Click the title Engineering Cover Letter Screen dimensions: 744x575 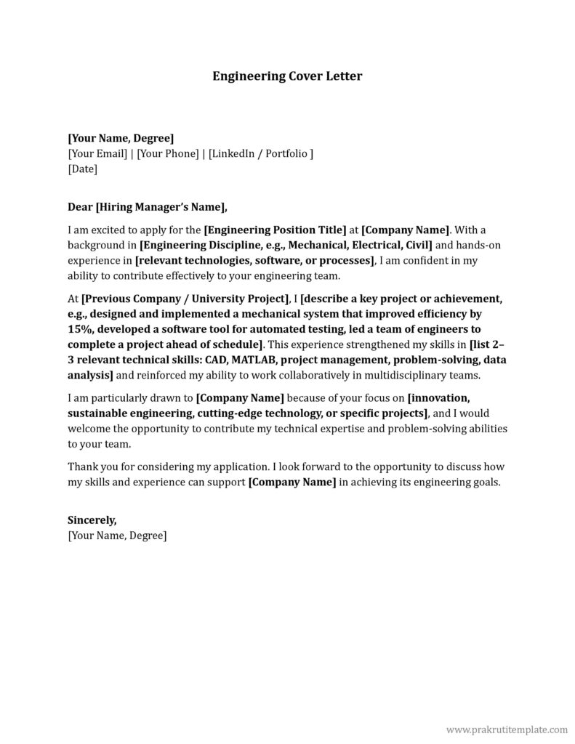(x=286, y=76)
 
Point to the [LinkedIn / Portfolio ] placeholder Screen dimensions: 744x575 (x=261, y=153)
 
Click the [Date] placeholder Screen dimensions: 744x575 (x=82, y=169)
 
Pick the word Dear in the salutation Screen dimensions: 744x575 (x=80, y=206)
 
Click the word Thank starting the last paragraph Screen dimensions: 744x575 (x=82, y=466)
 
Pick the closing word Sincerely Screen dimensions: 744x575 (x=92, y=520)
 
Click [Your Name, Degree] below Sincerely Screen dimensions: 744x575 (x=117, y=535)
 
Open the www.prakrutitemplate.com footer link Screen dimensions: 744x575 (x=506, y=729)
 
